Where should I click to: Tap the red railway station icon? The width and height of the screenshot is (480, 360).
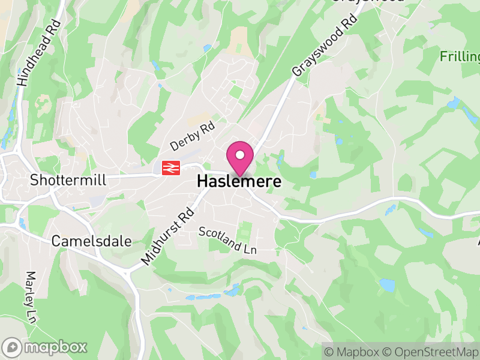click(171, 168)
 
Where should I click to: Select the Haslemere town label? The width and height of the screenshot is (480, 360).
click(239, 181)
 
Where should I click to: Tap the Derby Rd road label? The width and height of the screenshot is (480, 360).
click(193, 137)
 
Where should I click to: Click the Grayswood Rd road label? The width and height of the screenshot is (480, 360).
click(324, 44)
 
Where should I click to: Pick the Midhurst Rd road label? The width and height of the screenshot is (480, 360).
click(169, 236)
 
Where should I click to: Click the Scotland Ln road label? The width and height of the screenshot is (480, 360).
click(227, 240)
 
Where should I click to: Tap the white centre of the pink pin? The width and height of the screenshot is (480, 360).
click(240, 155)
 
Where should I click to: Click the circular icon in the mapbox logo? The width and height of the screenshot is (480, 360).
click(12, 347)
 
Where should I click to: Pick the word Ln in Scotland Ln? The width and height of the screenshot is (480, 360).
click(248, 247)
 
